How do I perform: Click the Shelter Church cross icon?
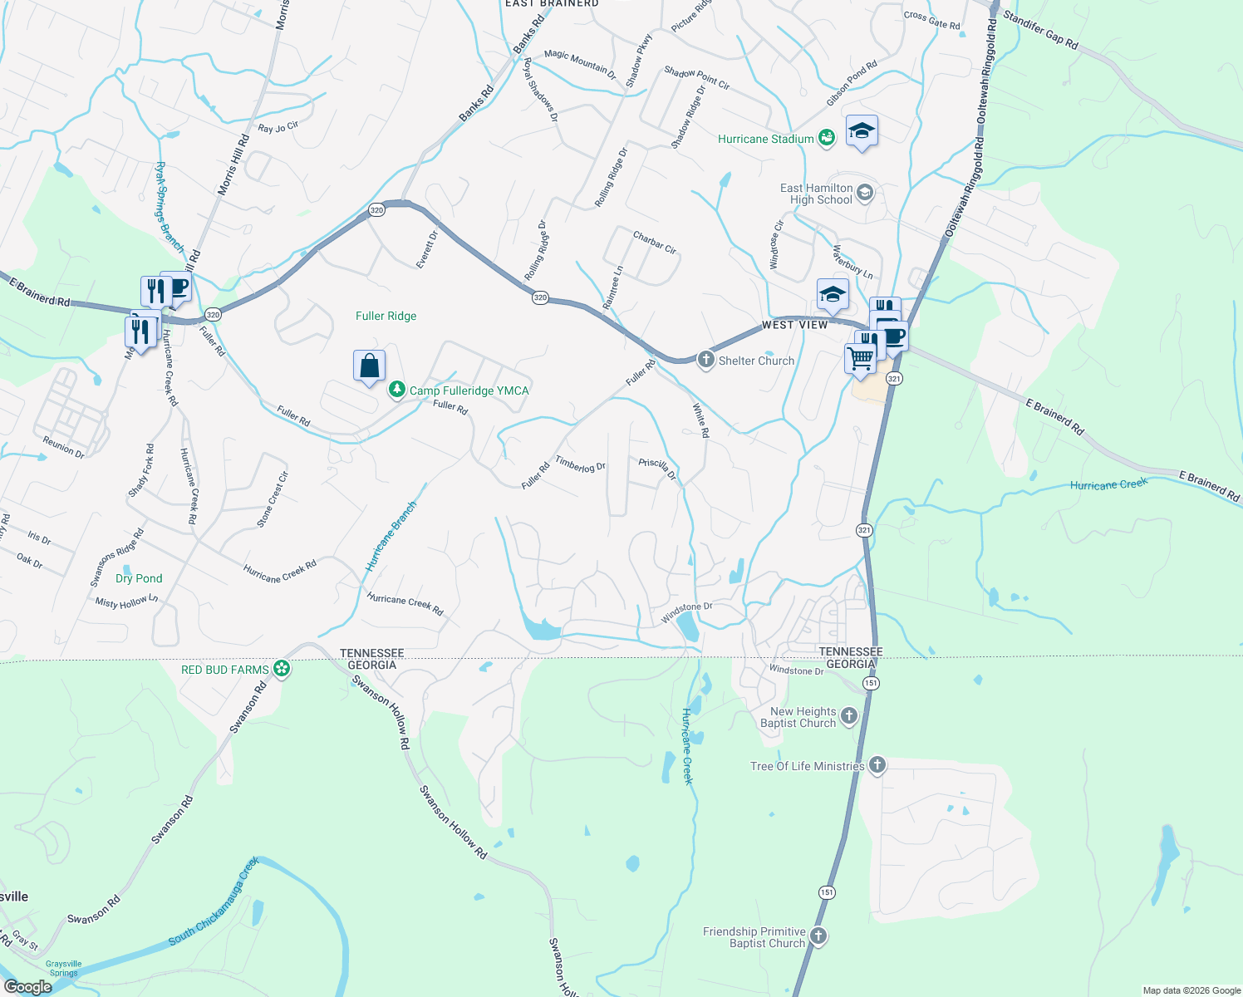tap(705, 360)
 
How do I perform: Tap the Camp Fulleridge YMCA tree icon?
tap(397, 390)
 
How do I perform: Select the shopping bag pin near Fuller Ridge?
tap(369, 366)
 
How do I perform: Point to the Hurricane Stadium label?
tap(765, 139)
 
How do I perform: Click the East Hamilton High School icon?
tap(865, 194)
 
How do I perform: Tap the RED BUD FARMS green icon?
tap(282, 669)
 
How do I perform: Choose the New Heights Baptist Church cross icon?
tap(848, 716)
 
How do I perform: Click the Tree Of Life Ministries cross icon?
tap(877, 766)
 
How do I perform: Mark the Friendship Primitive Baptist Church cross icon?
tap(818, 936)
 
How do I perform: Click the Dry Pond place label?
tap(139, 578)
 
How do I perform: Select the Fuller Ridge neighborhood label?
tap(386, 316)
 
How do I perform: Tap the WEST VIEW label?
tap(794, 325)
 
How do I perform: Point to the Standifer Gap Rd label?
tap(1039, 29)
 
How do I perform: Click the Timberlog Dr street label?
tap(580, 464)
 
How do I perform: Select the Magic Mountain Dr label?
tap(580, 65)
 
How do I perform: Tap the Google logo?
tap(27, 987)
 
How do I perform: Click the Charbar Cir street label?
tap(655, 242)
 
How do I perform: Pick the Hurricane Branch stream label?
tap(391, 536)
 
